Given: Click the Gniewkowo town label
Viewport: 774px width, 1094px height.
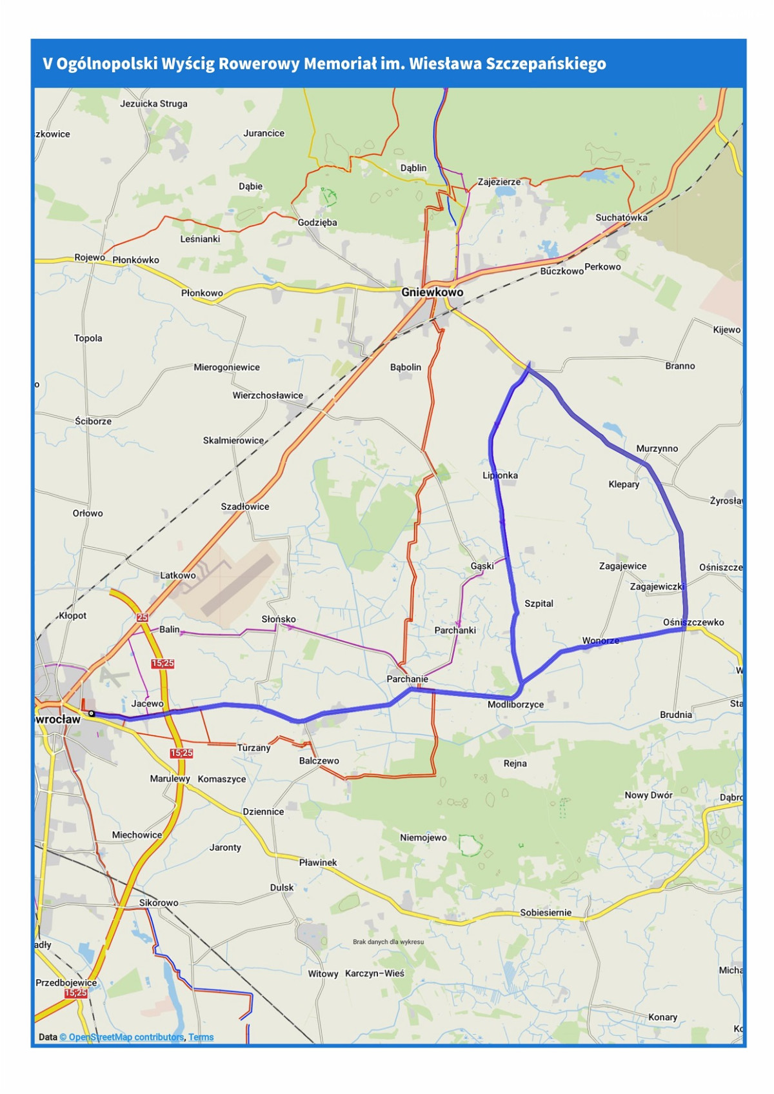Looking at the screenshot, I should point(432,292).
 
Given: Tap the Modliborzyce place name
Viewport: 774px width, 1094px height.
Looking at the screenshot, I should point(515,704).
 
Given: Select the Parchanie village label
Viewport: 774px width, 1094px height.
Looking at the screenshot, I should point(407,679).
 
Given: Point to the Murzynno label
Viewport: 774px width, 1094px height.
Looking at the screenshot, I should point(657,448).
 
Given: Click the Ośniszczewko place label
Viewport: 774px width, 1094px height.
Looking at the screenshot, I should point(693,622).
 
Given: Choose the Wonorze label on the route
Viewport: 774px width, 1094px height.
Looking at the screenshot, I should point(600,641).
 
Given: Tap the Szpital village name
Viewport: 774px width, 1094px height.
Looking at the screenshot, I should point(539,604).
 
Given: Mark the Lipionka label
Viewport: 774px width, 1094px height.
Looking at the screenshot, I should point(500,475).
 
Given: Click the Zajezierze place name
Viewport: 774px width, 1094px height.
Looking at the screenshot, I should point(499,182).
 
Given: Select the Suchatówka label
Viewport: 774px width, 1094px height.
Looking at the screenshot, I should point(621,217).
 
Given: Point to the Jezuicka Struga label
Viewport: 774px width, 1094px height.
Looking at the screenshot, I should point(154,103).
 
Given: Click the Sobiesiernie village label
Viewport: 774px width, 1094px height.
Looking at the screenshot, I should point(546,913).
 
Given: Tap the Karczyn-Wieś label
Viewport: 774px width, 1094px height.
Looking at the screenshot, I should point(375,973).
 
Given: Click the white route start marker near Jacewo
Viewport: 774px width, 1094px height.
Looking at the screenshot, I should point(92,713).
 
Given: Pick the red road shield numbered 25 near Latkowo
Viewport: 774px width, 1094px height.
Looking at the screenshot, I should point(142,617).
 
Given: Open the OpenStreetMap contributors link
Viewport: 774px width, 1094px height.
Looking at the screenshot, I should point(121,1037).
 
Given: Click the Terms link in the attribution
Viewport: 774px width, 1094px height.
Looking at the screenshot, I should point(201,1037).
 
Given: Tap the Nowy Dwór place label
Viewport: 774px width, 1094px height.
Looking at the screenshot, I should point(648,795).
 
